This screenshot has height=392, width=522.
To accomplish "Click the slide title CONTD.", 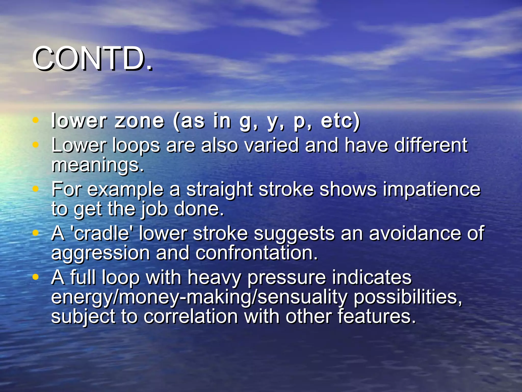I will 92,58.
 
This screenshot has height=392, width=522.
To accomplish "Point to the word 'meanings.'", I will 98,165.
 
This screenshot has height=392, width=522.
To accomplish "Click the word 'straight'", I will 219,190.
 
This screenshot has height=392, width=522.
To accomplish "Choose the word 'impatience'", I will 432,190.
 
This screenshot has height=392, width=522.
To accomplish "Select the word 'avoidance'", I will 415,234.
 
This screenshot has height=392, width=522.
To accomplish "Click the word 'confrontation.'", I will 257,253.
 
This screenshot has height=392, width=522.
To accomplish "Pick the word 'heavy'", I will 214,277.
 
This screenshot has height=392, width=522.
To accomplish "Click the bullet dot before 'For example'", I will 36,189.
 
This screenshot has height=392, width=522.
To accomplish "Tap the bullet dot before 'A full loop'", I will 36,277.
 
